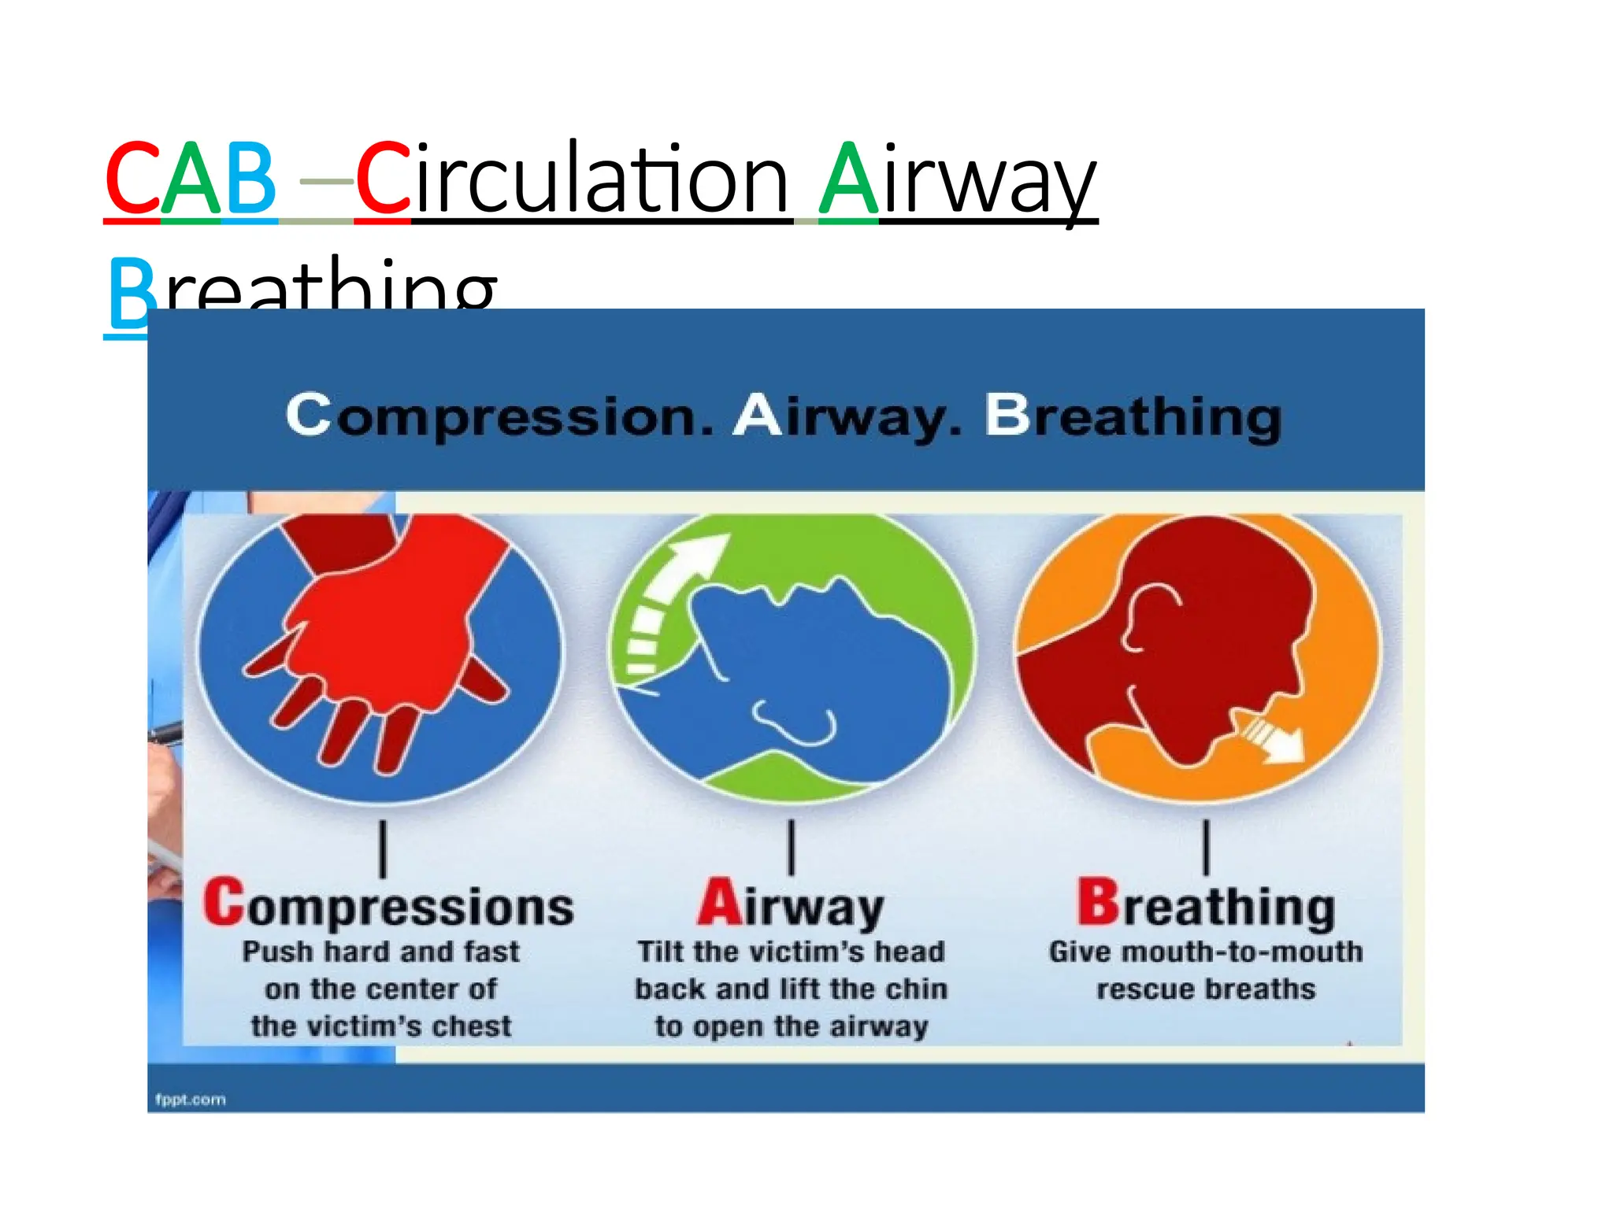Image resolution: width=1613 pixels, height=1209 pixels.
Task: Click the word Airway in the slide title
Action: coord(957,179)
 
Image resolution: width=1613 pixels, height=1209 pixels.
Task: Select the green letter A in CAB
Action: coord(191,179)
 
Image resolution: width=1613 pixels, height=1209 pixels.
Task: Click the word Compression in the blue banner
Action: coord(499,415)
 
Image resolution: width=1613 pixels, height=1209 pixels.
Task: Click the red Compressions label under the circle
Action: coord(387,905)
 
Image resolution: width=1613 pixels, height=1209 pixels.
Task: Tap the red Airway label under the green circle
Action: coord(791,905)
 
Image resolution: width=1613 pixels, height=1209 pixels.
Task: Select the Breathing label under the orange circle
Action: coord(1206,905)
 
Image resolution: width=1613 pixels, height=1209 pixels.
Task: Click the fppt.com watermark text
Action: coord(191,1100)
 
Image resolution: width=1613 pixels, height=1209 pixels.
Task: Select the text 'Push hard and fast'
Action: coord(380,952)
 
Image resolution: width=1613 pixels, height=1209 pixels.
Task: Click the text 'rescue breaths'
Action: coord(1206,989)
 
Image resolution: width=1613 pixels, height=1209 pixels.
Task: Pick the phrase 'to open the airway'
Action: coord(791,1026)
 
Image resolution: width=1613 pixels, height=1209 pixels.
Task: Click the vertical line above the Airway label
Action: coord(791,847)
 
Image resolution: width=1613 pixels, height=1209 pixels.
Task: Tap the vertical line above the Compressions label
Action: coord(383,849)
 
